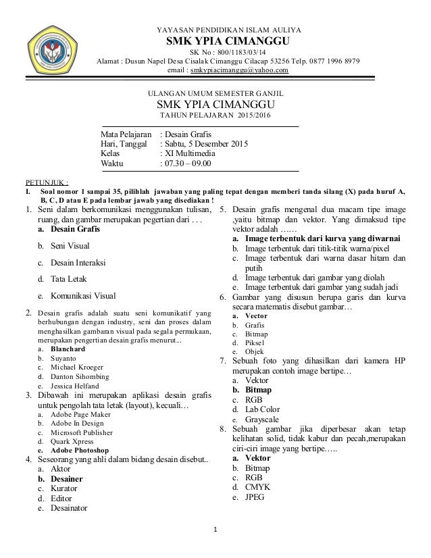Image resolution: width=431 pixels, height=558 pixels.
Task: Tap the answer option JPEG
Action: click(x=255, y=498)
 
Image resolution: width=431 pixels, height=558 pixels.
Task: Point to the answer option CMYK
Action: click(x=257, y=487)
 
